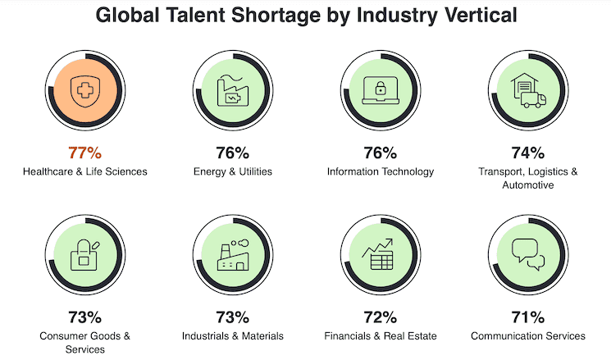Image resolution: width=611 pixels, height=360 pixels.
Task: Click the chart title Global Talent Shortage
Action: pos(305,16)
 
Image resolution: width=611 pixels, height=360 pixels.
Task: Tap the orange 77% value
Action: pos(84,153)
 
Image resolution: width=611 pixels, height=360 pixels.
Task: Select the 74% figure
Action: pos(527,153)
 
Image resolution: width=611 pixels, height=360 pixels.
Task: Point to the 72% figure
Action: pos(380,317)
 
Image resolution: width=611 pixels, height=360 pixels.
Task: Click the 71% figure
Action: pos(527,317)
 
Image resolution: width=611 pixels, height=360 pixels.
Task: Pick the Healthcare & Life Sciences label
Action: pos(84,171)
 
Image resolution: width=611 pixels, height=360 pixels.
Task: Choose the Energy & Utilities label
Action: pos(232,171)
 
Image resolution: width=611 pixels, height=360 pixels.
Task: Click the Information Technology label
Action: pos(380,171)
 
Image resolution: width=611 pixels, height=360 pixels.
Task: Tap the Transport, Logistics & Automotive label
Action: pos(527,178)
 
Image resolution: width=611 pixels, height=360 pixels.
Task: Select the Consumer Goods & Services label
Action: pos(84,342)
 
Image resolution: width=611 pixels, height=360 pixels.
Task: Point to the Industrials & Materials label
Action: pos(232,335)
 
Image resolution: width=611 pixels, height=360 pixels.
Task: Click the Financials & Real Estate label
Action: pos(380,335)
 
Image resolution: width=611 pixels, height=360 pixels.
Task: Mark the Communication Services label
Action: pos(527,335)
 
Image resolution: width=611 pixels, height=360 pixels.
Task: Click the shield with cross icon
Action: pos(84,88)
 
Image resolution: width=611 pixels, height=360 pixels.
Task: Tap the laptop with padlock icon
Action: pos(380,89)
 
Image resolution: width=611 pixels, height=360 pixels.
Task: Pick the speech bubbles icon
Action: pos(527,253)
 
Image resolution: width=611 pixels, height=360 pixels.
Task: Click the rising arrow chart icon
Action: pos(380,253)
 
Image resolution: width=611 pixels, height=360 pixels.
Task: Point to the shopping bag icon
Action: pos(84,253)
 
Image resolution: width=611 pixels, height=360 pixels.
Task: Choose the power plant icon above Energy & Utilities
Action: pos(232,89)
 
